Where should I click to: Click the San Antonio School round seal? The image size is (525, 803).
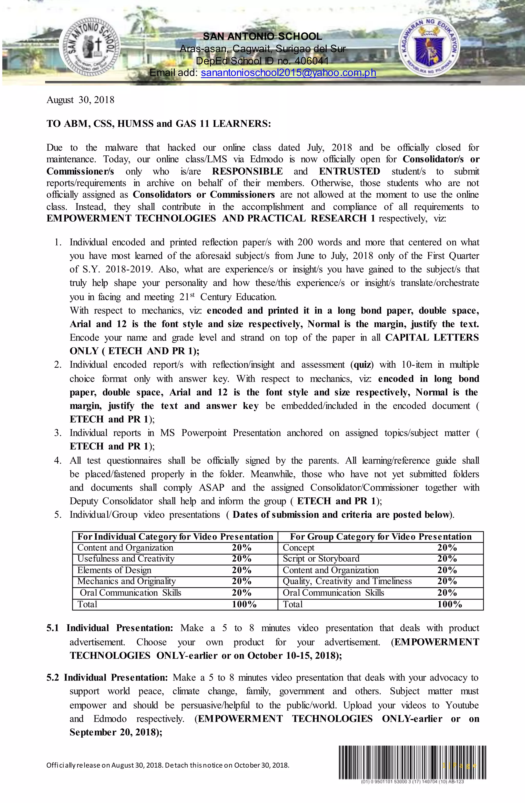pyautogui.click(x=90, y=46)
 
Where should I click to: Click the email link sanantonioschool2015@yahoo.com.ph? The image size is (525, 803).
pyautogui.click(x=288, y=73)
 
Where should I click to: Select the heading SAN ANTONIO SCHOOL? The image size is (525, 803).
pyautogui.click(x=262, y=36)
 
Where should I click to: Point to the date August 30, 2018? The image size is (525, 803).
pyautogui.click(x=80, y=100)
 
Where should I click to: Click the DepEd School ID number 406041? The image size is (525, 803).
pyautogui.click(x=311, y=61)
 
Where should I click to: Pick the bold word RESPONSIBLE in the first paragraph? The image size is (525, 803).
pyautogui.click(x=247, y=172)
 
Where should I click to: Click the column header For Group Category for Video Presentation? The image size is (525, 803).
pyautogui.click(x=381, y=537)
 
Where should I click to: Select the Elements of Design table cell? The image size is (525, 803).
pyautogui.click(x=114, y=570)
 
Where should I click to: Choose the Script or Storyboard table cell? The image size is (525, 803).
pyautogui.click(x=321, y=559)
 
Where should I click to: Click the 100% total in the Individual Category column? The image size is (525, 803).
pyautogui.click(x=244, y=604)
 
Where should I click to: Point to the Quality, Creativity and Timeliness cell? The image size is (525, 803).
pyautogui.click(x=347, y=581)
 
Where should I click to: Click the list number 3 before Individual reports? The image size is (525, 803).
pyautogui.click(x=57, y=433)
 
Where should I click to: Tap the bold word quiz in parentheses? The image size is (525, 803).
pyautogui.click(x=363, y=365)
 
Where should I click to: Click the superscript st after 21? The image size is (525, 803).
pyautogui.click(x=192, y=295)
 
